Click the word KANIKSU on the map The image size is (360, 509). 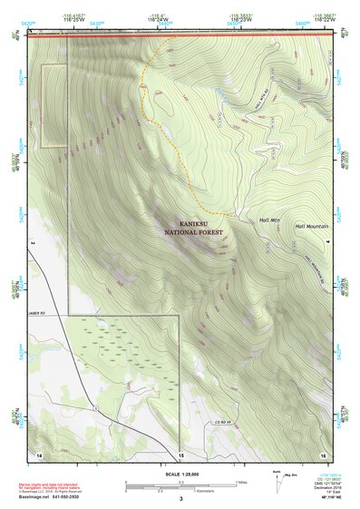pos(193,223)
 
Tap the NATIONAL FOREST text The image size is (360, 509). pos(193,232)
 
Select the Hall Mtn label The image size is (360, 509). pos(270,220)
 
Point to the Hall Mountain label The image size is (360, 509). pos(311,226)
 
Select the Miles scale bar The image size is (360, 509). pos(180,485)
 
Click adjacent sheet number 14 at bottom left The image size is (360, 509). pos(39,453)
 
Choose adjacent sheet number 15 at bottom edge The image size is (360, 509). pos(180,454)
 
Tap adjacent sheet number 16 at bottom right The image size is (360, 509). pos(322,453)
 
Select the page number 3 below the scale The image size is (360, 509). pos(180,499)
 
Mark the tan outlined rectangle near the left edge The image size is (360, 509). pos(54,105)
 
